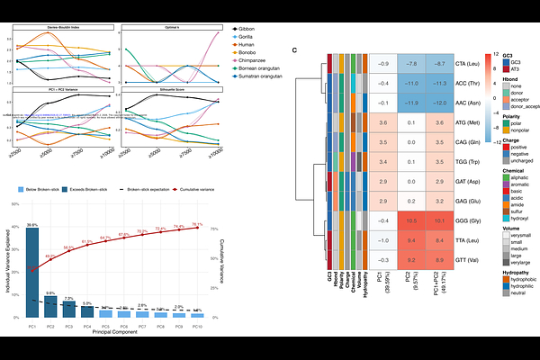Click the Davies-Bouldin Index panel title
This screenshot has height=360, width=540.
[63, 27]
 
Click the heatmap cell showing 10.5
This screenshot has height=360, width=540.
[413, 220]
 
